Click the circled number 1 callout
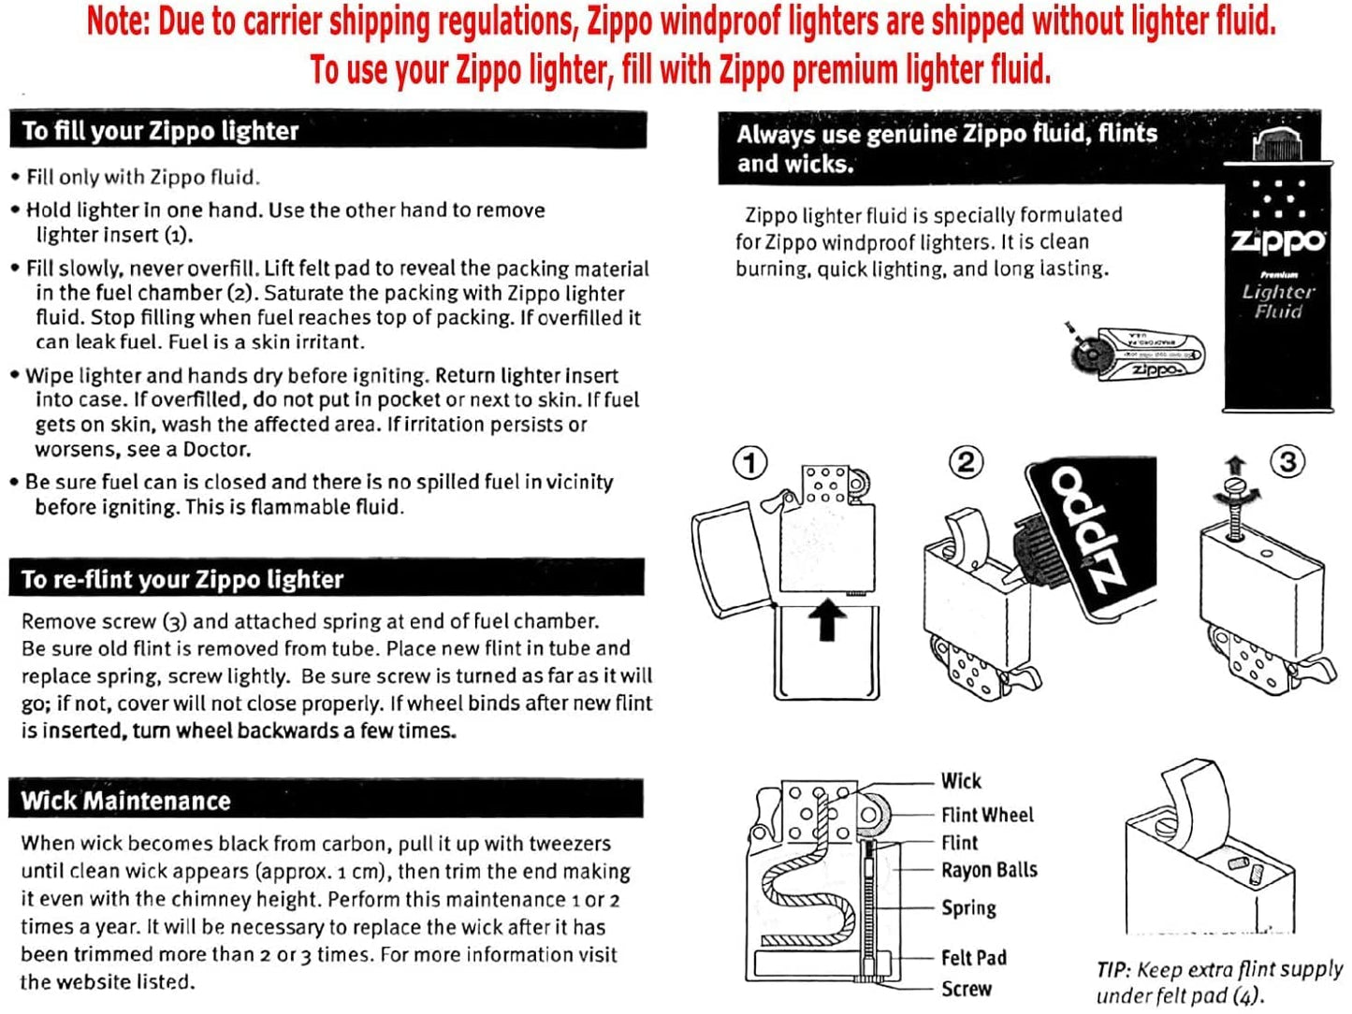749,462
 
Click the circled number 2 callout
966,462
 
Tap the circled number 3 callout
1288,461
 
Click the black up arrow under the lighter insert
826,620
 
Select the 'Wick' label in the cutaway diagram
961,781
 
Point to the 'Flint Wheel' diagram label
987,815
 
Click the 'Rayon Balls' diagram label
989,870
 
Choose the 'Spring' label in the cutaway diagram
968,907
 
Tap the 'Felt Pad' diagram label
973,958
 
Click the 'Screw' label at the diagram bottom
966,989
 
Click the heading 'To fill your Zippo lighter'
160,131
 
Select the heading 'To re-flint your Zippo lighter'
182,580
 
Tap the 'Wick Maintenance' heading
125,801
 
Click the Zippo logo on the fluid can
1278,240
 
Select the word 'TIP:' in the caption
1113,970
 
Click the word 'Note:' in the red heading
119,21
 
